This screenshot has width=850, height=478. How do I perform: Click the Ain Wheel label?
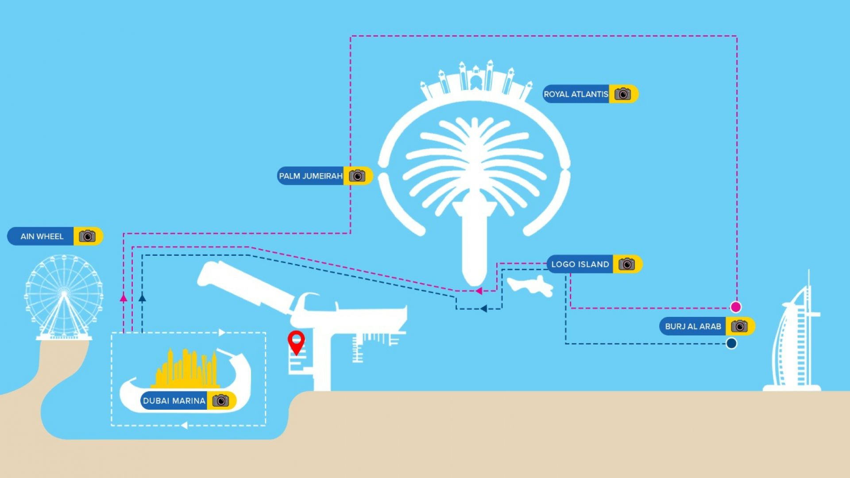click(x=42, y=236)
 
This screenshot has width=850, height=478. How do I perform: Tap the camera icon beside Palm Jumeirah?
click(x=357, y=176)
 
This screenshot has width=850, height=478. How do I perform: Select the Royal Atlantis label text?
click(x=576, y=94)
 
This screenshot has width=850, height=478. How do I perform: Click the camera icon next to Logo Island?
click(x=626, y=264)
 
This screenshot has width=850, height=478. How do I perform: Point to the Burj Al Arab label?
click(x=693, y=327)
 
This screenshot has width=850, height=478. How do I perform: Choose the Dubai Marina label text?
click(x=174, y=401)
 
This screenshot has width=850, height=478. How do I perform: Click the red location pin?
click(x=296, y=341)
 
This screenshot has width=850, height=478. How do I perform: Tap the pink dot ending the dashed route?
click(x=735, y=307)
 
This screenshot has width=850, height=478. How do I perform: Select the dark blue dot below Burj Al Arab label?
click(x=731, y=343)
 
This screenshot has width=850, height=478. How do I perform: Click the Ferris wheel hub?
click(x=64, y=293)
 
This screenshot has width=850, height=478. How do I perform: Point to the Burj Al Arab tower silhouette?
click(x=795, y=341)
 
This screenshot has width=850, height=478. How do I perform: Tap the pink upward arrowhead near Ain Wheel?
click(x=124, y=298)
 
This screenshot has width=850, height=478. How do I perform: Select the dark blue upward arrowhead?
click(x=142, y=298)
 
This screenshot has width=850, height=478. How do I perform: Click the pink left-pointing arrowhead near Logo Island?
click(x=479, y=291)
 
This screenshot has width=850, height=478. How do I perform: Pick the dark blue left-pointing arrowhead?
click(x=483, y=308)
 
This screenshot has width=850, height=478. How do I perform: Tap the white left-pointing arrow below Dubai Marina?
click(x=184, y=425)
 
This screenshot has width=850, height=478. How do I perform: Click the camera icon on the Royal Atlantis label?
click(x=622, y=94)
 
